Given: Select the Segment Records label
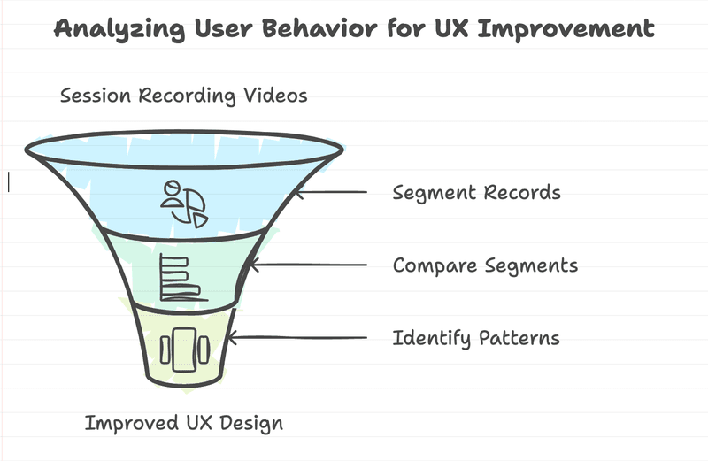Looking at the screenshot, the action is click(476, 192).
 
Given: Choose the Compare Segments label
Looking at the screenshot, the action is click(485, 265).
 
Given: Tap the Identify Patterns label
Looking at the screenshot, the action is click(476, 338).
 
